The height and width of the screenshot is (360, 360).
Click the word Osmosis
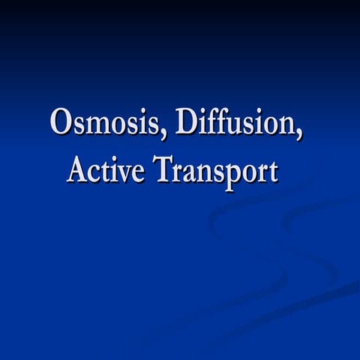[104, 121]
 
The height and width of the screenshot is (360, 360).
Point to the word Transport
[216, 170]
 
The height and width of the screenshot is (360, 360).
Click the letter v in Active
[125, 172]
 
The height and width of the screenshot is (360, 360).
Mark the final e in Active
[139, 172]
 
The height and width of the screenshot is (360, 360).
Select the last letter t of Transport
[272, 171]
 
